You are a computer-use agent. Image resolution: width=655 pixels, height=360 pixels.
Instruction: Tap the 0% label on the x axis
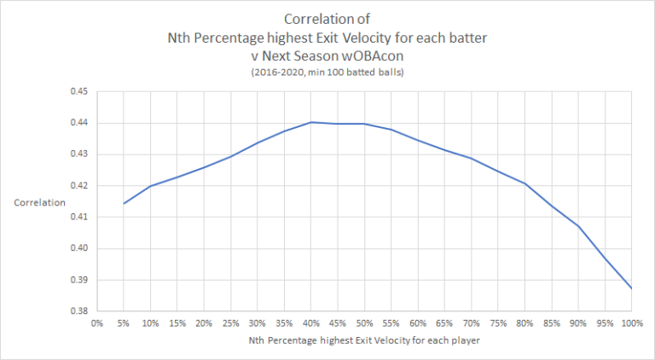pyautogui.click(x=96, y=323)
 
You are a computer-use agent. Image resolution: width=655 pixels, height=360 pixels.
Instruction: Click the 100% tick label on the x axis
pyautogui.click(x=632, y=323)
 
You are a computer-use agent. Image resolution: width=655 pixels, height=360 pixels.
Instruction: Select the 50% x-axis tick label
pyautogui.click(x=364, y=323)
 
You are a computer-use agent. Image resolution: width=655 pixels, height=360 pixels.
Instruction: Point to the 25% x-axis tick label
pyautogui.click(x=230, y=323)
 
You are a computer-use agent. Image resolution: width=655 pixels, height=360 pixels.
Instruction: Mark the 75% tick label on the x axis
pyautogui.click(x=498, y=323)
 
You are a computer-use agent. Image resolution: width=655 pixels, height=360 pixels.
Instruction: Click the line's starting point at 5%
pyautogui.click(x=123, y=203)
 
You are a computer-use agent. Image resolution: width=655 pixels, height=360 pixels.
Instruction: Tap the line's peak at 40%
pyautogui.click(x=310, y=122)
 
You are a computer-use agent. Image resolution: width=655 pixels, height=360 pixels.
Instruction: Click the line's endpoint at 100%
pyautogui.click(x=632, y=288)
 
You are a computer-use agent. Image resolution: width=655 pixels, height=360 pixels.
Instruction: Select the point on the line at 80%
pyautogui.click(x=525, y=183)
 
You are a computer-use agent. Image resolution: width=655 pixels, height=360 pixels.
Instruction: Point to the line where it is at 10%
pyautogui.click(x=150, y=186)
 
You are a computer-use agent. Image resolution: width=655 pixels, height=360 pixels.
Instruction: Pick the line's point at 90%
pyautogui.click(x=578, y=226)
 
